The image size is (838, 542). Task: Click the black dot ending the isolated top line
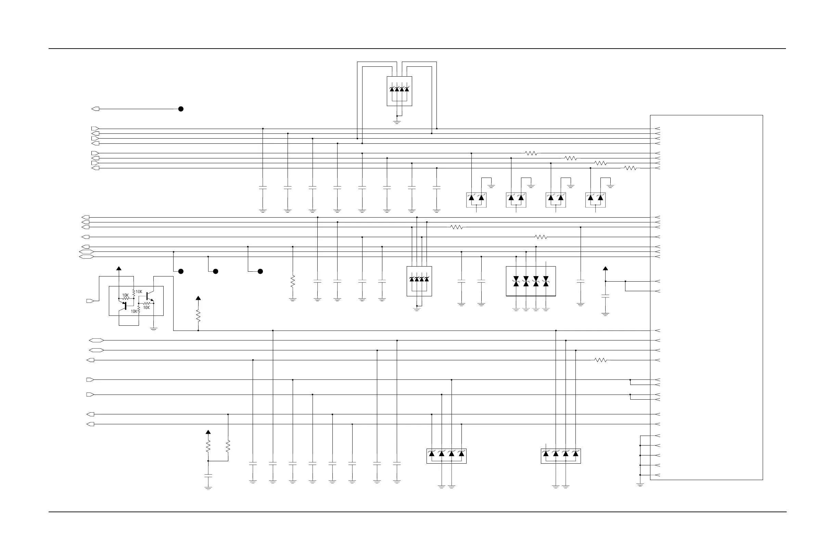coord(181,109)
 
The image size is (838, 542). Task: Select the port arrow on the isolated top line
coord(96,109)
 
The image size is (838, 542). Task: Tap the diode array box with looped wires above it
coord(399,91)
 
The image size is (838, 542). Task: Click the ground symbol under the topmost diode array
coord(397,122)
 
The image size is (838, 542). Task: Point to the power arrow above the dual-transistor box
coord(119,269)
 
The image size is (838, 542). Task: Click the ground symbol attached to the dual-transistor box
coord(153,329)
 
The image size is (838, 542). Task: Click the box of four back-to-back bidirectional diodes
coord(531,281)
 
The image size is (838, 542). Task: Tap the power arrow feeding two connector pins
coord(605,269)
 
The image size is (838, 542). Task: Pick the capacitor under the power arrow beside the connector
coord(605,296)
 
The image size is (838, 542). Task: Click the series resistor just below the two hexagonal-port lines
coord(600,360)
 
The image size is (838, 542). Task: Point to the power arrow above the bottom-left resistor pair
coord(208,432)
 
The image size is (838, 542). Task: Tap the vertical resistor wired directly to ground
coord(293,282)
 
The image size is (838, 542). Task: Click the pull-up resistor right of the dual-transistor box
coord(198,316)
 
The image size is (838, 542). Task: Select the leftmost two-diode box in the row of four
coord(477,199)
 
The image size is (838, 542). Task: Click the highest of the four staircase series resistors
coord(531,153)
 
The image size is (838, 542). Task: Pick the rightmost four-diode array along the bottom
coord(560,456)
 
